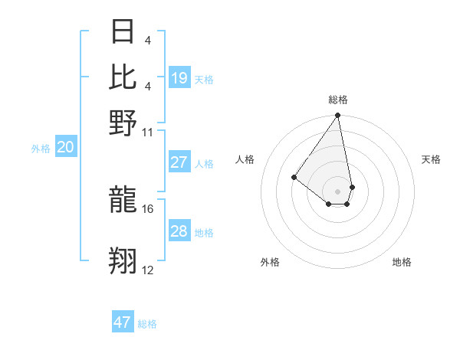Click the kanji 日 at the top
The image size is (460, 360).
[123, 32]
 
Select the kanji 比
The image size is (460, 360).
[123, 77]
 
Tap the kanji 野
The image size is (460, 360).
[123, 123]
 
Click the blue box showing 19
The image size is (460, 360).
[179, 77]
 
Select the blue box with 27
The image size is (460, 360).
[179, 162]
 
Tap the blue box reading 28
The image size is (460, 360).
[179, 231]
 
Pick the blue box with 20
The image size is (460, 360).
[65, 148]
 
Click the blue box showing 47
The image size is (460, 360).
[123, 322]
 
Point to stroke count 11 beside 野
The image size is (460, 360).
[148, 132]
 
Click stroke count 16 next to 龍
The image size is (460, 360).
[148, 208]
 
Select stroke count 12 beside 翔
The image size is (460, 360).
[148, 270]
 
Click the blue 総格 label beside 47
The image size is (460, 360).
[147, 324]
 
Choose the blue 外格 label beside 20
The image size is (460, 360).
[41, 149]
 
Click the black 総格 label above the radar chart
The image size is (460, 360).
[337, 100]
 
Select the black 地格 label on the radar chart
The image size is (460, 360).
[402, 262]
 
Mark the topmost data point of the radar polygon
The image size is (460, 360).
[337, 116]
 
